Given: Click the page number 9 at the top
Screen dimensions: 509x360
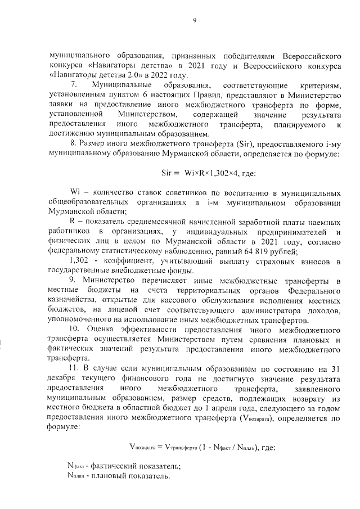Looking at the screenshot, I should (x=195, y=21).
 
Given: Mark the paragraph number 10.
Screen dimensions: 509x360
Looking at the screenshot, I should (x=74, y=329).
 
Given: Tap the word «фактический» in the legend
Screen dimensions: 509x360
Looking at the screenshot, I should (x=115, y=467).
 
